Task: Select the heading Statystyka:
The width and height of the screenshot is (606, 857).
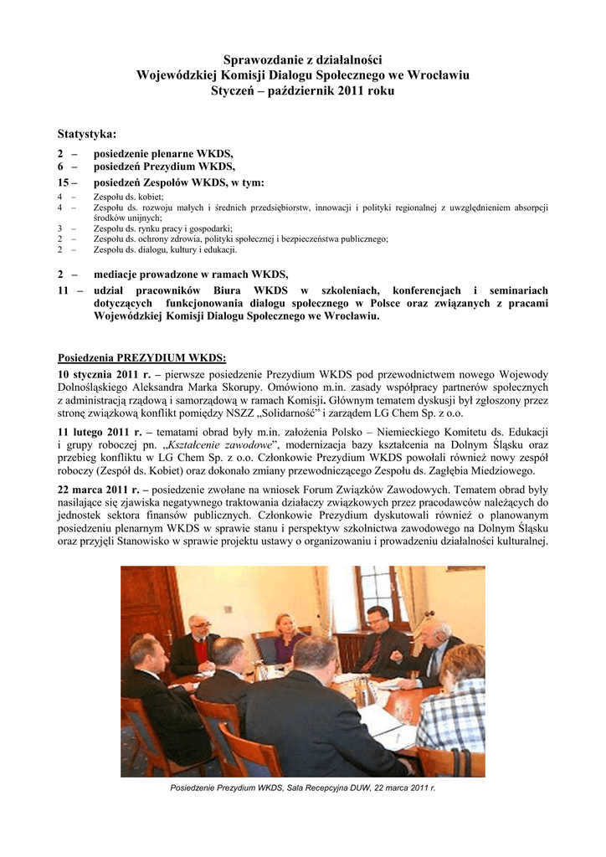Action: coord(87,134)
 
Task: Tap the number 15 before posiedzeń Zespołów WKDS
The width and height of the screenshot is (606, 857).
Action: coord(63,182)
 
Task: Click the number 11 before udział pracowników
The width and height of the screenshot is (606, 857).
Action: coord(63,289)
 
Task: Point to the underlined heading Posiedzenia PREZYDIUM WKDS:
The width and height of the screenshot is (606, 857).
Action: coord(136,358)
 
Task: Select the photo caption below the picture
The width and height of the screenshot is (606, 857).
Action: coord(302,788)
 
